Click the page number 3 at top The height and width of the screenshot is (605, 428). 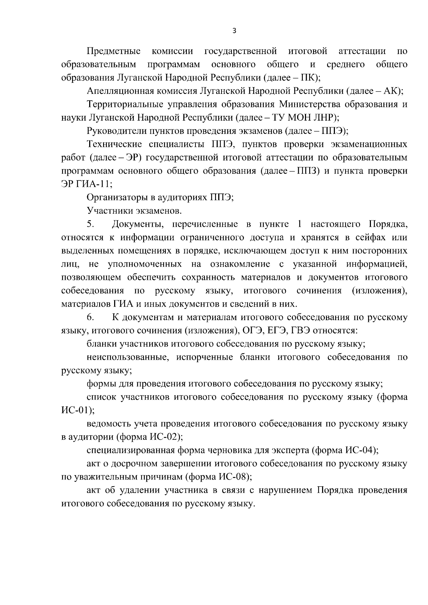tap(234, 31)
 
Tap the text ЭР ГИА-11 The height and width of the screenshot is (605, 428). tap(86, 184)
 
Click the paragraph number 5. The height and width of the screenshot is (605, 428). tap(90, 224)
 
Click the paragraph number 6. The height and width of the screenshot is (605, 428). tap(90, 317)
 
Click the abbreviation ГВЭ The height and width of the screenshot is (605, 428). tap(302, 331)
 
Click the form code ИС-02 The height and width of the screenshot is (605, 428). tap(164, 437)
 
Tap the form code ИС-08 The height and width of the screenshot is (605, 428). tap(233, 477)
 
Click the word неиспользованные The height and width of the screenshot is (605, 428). tap(127, 358)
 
